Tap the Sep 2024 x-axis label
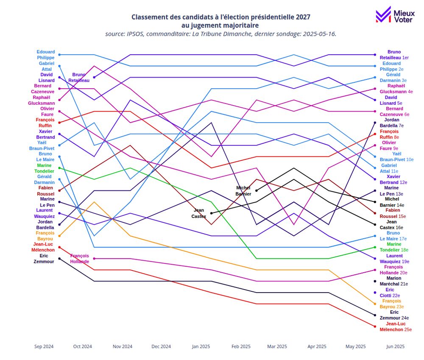tap(44, 346)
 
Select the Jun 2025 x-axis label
tap(395, 346)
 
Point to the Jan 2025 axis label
tap(201, 346)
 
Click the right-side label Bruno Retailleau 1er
tap(394, 55)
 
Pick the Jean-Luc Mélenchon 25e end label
tap(396, 327)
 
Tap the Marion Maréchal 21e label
tap(394, 281)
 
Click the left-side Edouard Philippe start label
tap(45, 55)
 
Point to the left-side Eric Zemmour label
tap(44, 259)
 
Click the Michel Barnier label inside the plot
tap(243, 191)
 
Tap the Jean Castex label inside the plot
tap(199, 213)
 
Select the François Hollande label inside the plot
tap(80, 259)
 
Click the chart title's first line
tap(220, 17)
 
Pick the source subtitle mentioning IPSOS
tap(220, 34)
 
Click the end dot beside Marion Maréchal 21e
tap(375, 281)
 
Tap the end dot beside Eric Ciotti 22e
tap(375, 293)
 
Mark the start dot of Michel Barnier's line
tap(257, 191)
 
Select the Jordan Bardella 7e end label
tap(394, 123)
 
